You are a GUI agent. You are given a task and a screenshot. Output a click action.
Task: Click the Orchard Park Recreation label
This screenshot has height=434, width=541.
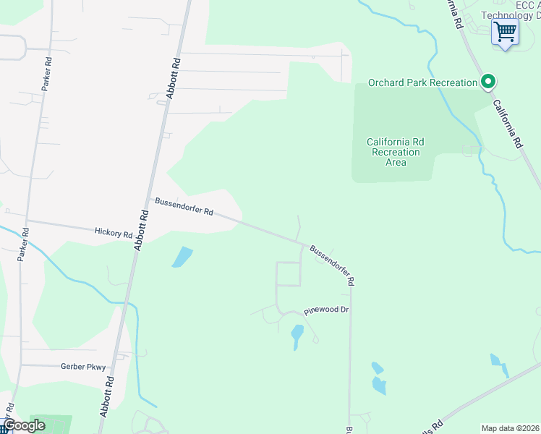point(423,82)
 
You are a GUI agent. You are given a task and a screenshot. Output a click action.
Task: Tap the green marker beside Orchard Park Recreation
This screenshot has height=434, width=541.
point(488,82)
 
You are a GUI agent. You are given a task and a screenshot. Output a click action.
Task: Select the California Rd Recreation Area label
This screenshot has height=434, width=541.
point(395,152)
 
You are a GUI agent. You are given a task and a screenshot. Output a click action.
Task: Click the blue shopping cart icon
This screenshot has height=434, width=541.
point(505,32)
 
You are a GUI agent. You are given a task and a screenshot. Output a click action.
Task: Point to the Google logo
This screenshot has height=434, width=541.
point(24,425)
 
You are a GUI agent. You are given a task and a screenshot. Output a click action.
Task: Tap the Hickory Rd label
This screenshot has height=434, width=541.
point(114,234)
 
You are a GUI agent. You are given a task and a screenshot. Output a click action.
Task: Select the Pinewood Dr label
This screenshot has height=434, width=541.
point(326,310)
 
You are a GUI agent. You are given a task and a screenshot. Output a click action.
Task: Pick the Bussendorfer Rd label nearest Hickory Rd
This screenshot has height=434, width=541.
point(184,206)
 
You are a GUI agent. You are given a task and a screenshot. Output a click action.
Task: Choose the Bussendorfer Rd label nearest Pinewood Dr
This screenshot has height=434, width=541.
point(332,264)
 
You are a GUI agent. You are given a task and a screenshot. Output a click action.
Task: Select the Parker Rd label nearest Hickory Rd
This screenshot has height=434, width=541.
point(24,244)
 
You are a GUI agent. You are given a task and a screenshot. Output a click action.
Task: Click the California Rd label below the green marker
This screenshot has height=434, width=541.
point(507,124)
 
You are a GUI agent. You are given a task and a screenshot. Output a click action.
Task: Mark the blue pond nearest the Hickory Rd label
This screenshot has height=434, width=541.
point(183,257)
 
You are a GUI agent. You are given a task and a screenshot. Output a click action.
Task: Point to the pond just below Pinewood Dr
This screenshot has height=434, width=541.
point(297,335)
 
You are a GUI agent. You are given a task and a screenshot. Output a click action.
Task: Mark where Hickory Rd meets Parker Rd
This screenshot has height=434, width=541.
point(27,221)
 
